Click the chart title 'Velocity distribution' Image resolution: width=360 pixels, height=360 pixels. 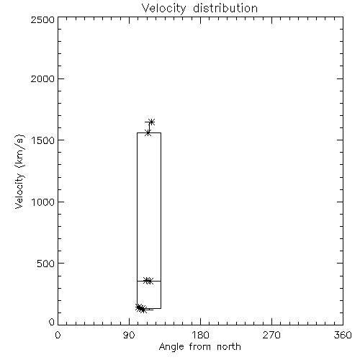tap(199, 8)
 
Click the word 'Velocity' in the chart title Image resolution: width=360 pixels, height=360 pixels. tap(163, 9)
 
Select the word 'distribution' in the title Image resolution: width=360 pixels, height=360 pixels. tap(225, 8)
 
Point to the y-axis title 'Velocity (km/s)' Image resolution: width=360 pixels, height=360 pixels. tap(19, 171)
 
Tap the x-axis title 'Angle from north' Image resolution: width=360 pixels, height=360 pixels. tap(200, 347)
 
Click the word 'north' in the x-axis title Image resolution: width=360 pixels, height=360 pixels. tap(229, 346)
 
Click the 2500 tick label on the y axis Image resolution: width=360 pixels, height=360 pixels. tap(42, 19)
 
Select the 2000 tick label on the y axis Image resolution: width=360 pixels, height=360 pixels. tap(42, 78)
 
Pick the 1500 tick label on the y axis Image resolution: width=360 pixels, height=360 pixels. tap(43, 140)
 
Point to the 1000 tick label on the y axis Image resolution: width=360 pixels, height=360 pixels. tap(43, 202)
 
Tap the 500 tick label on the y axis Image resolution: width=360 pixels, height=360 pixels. tap(46, 264)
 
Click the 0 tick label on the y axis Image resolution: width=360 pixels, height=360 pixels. tap(52, 322)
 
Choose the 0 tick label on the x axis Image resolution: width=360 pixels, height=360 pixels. tap(58, 335)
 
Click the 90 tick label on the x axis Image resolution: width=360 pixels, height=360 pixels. tap(129, 335)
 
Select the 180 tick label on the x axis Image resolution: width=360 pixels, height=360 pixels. tap(200, 335)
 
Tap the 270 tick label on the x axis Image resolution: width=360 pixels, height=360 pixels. tap(271, 335)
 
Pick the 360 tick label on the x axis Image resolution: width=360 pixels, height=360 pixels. tap(343, 335)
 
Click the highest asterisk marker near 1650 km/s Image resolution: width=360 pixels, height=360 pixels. tap(151, 122)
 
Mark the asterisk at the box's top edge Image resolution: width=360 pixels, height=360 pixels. tap(148, 132)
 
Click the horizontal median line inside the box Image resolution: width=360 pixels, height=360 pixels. tap(149, 281)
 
